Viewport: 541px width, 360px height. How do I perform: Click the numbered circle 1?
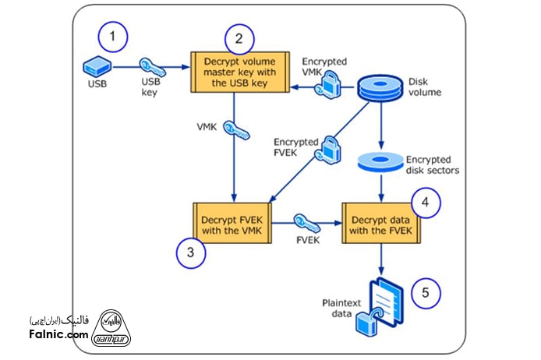coord(115,37)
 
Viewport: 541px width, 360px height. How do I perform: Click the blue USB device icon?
coord(97,65)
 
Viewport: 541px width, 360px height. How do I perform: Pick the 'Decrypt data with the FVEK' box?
coord(380,221)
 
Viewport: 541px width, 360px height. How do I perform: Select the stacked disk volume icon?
coord(380,88)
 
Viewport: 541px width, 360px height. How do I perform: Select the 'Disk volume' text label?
coord(424,87)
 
